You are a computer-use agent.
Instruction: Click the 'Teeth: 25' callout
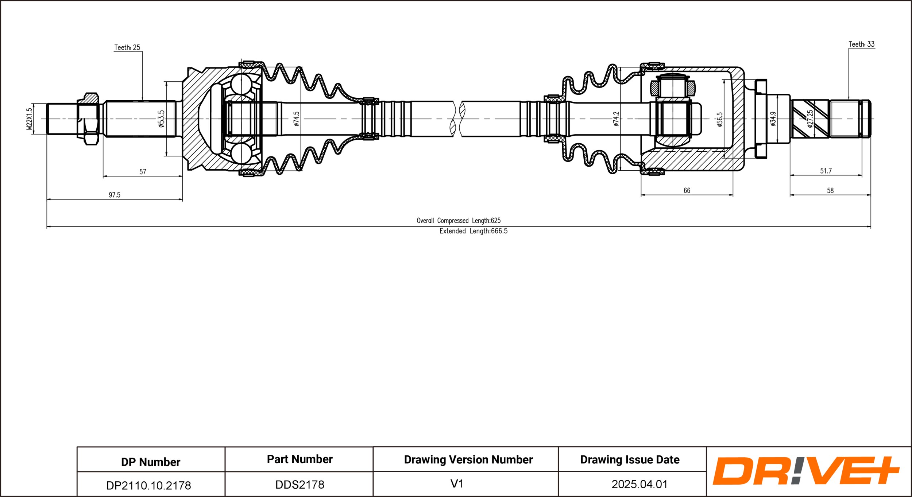click(x=127, y=47)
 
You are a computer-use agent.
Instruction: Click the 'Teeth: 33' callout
click(x=861, y=44)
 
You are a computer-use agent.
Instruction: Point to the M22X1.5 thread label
click(x=30, y=119)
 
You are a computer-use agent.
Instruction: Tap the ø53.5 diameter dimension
click(x=161, y=119)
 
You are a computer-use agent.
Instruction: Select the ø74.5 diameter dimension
click(x=296, y=119)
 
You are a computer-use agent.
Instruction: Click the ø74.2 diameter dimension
click(x=616, y=119)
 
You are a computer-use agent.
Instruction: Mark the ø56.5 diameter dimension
click(x=719, y=119)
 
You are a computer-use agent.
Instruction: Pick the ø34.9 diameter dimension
click(x=773, y=119)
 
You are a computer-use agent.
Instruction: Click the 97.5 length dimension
click(x=115, y=195)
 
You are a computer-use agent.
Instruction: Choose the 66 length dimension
click(x=687, y=190)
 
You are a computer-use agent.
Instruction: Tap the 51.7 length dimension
click(x=826, y=171)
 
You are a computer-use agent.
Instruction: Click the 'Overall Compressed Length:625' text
click(x=459, y=221)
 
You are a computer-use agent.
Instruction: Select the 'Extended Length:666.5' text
click(x=473, y=231)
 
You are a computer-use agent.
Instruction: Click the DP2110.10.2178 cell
click(x=148, y=485)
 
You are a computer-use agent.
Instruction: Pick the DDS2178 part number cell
click(x=300, y=485)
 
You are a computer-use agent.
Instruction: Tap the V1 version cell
click(x=457, y=484)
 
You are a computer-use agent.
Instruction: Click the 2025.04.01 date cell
click(x=639, y=484)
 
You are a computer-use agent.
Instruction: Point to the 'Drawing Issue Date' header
click(x=630, y=459)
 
